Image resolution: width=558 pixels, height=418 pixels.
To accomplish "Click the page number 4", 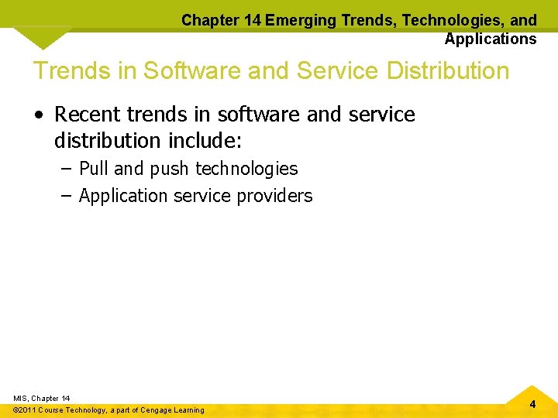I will (x=532, y=404).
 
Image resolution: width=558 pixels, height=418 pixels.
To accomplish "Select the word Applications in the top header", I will (x=491, y=39).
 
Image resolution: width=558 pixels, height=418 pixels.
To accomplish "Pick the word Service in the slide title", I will (x=328, y=70).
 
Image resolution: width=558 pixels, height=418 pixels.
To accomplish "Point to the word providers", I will (x=275, y=196).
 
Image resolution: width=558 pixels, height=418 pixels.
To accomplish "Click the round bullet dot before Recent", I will (x=38, y=115).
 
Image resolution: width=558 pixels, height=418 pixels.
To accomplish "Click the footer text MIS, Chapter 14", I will (x=42, y=398).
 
